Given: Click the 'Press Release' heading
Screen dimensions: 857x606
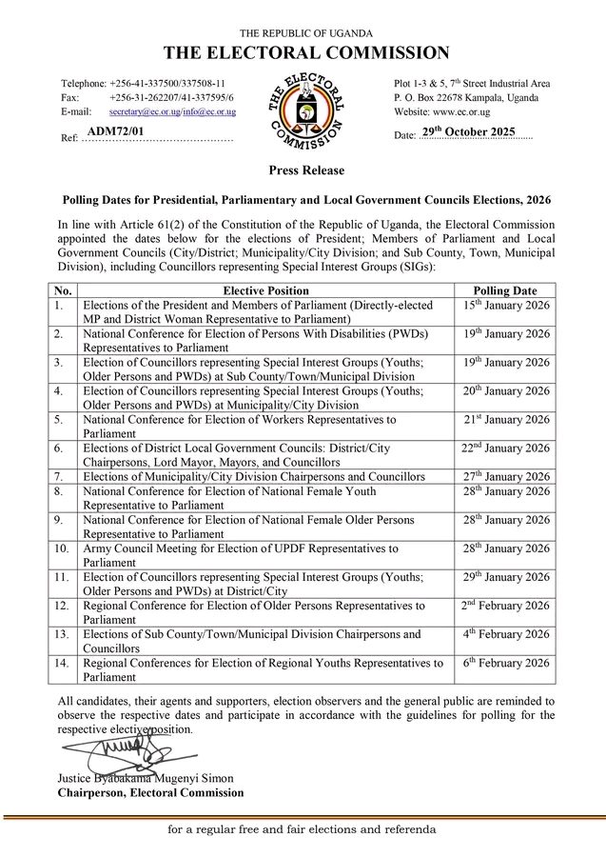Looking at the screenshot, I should click(303, 170).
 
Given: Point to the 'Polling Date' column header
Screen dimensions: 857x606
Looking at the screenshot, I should click(504, 290).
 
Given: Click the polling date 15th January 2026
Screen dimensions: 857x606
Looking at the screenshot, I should click(505, 306).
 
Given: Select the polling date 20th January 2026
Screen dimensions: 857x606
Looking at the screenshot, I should click(505, 391).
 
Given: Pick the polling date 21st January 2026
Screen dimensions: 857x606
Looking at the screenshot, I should click(505, 420).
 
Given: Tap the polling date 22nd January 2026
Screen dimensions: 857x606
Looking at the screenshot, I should click(505, 448).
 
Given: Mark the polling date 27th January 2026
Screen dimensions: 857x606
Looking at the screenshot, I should click(505, 476).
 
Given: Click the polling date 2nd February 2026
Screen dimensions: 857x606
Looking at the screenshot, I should click(505, 606).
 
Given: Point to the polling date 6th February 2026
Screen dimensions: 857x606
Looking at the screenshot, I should click(505, 663).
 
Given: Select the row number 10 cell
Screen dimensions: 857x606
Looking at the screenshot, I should click(62, 549).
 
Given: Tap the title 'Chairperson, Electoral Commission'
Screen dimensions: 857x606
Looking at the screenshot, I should click(150, 792).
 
